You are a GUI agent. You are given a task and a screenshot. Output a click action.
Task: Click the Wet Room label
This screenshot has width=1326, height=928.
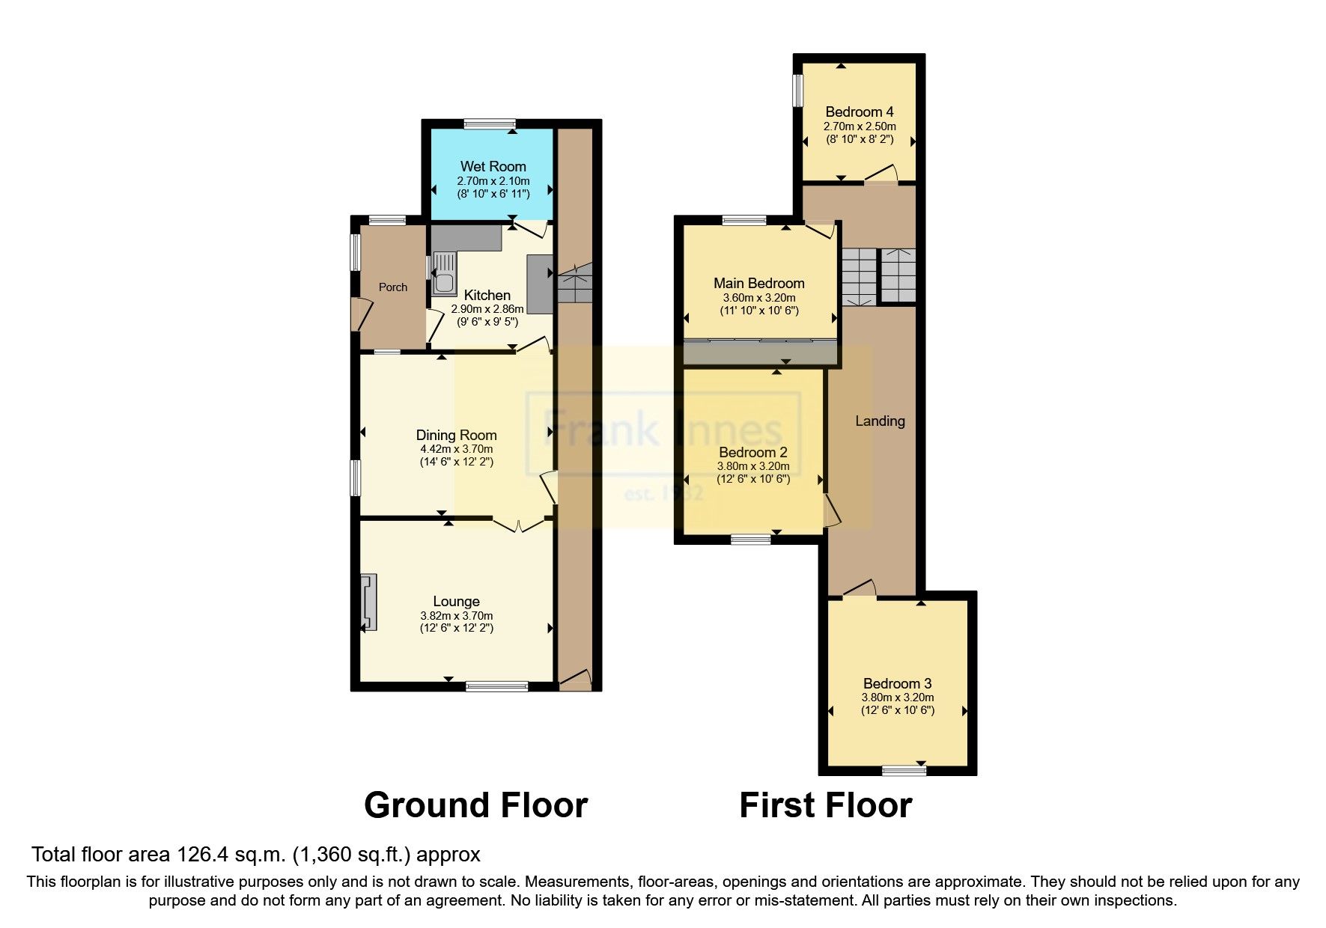[x=493, y=166]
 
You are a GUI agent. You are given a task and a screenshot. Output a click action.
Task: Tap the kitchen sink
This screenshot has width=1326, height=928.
[x=443, y=273]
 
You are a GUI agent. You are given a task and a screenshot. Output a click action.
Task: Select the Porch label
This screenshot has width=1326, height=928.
[x=393, y=287]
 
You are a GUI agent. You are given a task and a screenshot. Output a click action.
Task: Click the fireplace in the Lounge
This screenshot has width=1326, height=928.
[x=368, y=603]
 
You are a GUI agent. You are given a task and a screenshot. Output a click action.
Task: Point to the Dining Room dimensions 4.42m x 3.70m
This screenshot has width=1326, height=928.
[x=456, y=449]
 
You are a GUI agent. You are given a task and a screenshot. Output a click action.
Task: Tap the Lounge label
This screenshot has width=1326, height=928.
[x=456, y=601]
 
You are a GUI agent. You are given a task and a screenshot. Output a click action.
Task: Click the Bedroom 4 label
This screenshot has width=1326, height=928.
[x=859, y=112]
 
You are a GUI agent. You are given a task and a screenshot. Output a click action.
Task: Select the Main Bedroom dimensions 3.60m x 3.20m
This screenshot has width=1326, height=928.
[x=758, y=297]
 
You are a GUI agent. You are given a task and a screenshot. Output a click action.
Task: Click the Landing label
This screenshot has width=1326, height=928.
[x=880, y=421]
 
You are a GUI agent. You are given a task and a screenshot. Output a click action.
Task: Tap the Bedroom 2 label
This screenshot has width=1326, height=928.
[x=752, y=452]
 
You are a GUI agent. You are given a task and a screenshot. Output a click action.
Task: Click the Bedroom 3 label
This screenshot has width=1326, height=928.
[x=897, y=683]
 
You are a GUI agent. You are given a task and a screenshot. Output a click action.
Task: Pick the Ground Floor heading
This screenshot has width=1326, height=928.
[x=475, y=805]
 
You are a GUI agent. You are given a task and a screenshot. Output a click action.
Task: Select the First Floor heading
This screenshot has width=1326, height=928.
[x=825, y=805]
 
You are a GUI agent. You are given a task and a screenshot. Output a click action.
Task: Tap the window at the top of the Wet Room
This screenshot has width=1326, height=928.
[x=489, y=124]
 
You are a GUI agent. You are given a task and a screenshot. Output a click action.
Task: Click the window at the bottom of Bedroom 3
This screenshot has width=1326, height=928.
[x=904, y=769]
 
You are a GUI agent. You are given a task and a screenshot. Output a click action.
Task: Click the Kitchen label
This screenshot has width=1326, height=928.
[x=487, y=296]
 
